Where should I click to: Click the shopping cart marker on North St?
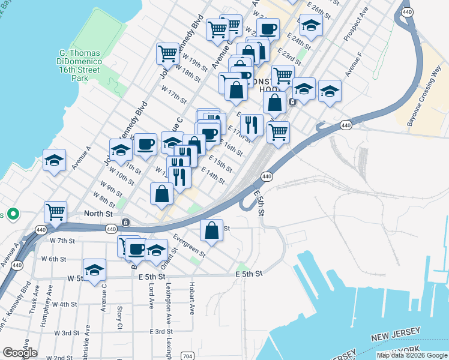tap(55, 211)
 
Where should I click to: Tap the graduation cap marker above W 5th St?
tap(94, 269)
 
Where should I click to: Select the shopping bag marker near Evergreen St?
tap(211, 230)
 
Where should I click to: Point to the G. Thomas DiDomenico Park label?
tap(83, 65)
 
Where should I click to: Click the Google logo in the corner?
tap(20, 353)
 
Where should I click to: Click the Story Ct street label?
tap(120, 315)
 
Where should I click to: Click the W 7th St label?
tap(62, 240)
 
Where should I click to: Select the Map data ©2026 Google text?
tap(412, 355)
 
